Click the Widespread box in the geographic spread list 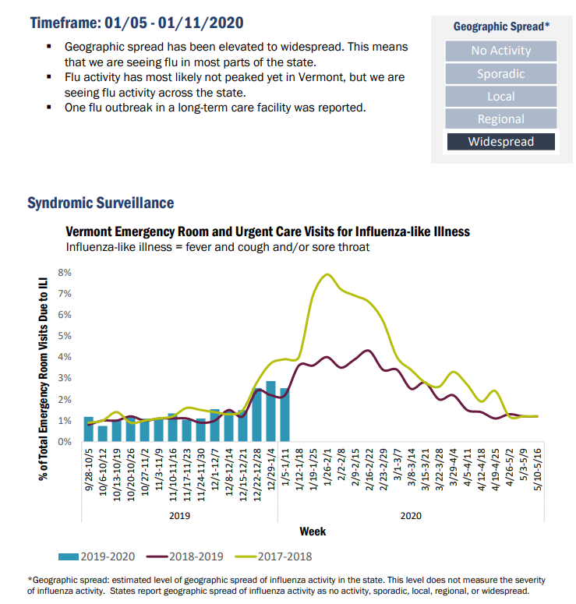click(x=501, y=142)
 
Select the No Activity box click(x=501, y=51)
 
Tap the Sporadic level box click(x=501, y=74)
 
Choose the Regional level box click(x=501, y=119)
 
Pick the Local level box click(x=501, y=97)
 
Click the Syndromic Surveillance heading click(x=101, y=203)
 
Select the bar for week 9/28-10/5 click(x=89, y=429)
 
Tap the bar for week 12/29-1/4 click(x=270, y=411)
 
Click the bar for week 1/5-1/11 click(x=284, y=415)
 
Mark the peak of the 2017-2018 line click(x=327, y=274)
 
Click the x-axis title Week click(x=313, y=532)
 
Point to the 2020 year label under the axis click(x=410, y=515)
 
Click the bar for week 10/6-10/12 click(x=103, y=433)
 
